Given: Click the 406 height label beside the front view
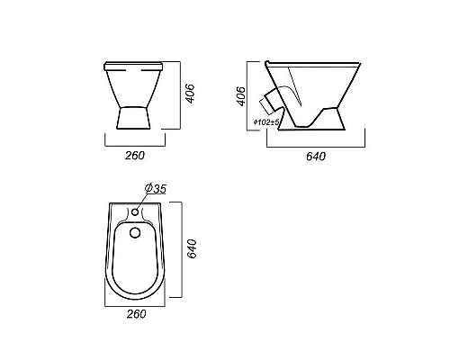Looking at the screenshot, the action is pos(191,94).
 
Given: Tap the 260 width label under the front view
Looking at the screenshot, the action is pos(135,156).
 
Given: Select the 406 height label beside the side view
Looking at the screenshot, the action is pos(241,96).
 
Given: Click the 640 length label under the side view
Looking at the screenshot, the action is pos(316,157).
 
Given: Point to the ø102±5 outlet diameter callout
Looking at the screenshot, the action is pos(266,121).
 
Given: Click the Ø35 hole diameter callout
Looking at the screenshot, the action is pos(156,189).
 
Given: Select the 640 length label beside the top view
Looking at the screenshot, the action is pos(192,248).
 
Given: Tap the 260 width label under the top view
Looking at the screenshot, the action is pos(137,314).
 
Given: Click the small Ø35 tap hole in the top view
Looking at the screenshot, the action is pos(135,212).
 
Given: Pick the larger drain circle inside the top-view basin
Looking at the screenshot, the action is pos(135,232).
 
